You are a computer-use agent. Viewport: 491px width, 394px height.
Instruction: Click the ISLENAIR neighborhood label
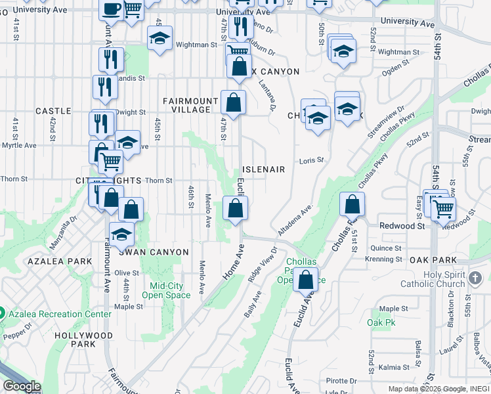pyautogui.click(x=264, y=169)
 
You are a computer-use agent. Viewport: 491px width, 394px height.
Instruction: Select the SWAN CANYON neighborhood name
pyautogui.click(x=154, y=252)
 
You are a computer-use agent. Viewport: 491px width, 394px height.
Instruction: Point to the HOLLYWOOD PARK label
pyautogui.click(x=83, y=339)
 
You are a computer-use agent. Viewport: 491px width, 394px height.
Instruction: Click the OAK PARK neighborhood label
pyautogui.click(x=428, y=260)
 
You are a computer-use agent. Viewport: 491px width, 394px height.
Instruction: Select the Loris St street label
pyautogui.click(x=312, y=160)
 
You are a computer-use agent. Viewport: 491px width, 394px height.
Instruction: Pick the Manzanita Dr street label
pyautogui.click(x=63, y=232)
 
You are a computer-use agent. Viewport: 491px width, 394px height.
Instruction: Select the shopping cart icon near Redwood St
pyautogui.click(x=444, y=209)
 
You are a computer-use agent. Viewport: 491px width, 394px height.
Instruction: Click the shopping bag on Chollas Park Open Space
pyautogui.click(x=306, y=278)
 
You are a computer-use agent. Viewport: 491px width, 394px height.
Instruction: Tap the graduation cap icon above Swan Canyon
pyautogui.click(x=121, y=233)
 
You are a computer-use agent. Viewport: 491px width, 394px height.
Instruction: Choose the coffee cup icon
pyautogui.click(x=111, y=9)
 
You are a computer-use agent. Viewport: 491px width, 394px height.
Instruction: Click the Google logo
pyautogui.click(x=22, y=386)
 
